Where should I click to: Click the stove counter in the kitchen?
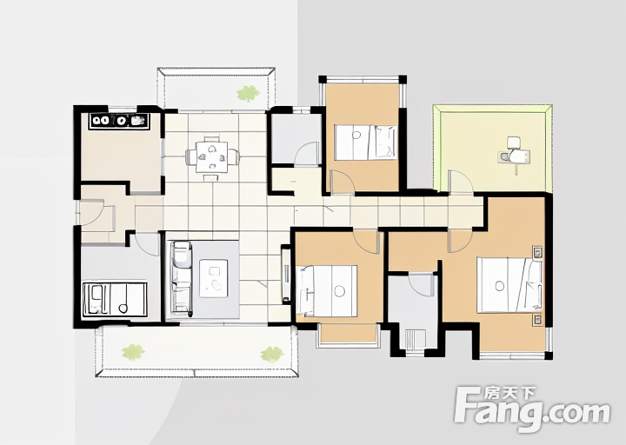120,121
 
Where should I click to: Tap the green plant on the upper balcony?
249,93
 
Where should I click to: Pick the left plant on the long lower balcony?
133,353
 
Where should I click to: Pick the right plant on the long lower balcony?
272,354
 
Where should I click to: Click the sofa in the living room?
182,278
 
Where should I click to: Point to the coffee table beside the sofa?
214,278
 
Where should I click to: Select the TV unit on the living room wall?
285,274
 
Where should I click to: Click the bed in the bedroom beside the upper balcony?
365,143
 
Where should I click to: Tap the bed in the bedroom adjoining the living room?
327,289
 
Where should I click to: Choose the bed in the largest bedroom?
509,285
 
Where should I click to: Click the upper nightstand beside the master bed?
538,252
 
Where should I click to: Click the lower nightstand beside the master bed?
538,320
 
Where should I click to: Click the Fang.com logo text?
533,412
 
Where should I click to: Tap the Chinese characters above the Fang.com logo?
509,394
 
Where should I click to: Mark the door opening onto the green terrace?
461,183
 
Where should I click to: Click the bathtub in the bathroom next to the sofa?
115,300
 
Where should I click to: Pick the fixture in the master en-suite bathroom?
416,340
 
